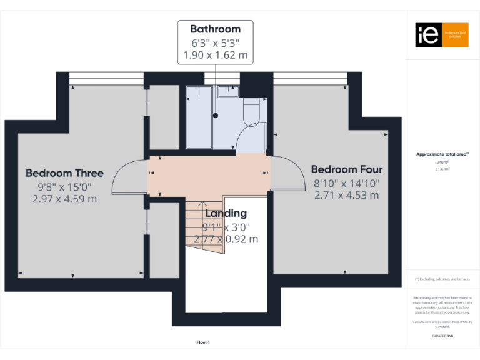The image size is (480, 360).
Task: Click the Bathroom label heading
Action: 215,29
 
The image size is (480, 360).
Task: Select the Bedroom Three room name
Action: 64,173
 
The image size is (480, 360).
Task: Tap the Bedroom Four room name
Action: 346,169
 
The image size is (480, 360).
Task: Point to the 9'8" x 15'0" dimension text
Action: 64,186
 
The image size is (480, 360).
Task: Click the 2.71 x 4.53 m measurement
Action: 346,195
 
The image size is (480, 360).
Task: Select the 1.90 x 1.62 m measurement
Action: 215,55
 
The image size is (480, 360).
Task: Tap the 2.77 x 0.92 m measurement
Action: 226,239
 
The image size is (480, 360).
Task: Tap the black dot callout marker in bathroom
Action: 216,115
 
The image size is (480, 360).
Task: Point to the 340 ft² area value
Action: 442,162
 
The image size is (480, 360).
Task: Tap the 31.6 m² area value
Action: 442,168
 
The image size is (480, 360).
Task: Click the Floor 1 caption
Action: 203,342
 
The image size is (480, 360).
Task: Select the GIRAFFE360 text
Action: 442,336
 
